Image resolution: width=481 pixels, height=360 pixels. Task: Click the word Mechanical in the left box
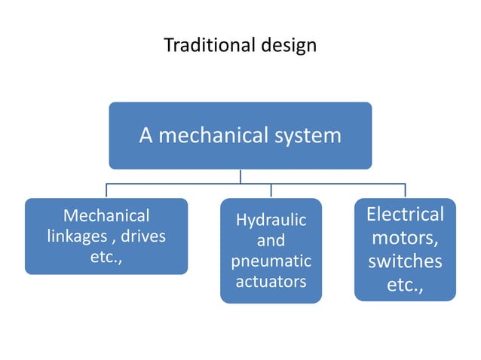pyautogui.click(x=106, y=215)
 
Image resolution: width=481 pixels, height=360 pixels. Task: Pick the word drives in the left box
pyautogui.click(x=142, y=236)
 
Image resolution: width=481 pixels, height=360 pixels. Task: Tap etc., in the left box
pyautogui.click(x=106, y=257)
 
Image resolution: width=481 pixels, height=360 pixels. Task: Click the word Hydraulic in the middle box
pyautogui.click(x=271, y=221)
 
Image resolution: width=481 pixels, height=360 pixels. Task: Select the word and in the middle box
pyautogui.click(x=271, y=241)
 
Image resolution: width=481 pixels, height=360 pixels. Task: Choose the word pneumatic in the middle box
pyautogui.click(x=271, y=261)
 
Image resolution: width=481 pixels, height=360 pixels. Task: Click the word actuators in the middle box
pyautogui.click(x=271, y=282)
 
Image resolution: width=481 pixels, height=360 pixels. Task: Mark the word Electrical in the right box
pyautogui.click(x=405, y=215)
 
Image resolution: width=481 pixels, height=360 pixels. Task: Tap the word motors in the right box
pyautogui.click(x=405, y=239)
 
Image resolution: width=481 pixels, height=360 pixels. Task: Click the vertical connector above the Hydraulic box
pyautogui.click(x=271, y=191)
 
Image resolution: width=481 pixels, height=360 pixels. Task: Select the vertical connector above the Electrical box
pyautogui.click(x=405, y=191)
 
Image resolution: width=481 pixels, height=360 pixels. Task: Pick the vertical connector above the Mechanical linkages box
pyautogui.click(x=106, y=191)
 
